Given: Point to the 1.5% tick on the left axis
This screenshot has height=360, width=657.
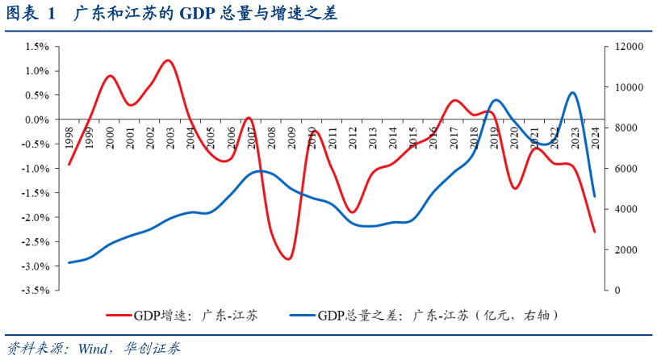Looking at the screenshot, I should [38, 47].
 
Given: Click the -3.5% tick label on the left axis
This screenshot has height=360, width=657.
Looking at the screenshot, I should [36, 291].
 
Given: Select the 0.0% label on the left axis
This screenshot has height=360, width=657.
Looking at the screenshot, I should [38, 119].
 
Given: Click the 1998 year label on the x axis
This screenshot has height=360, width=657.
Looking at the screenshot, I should [69, 136].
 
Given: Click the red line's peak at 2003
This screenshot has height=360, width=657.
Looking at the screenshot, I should [168, 61].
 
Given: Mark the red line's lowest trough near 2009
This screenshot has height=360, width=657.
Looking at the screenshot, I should [289, 259].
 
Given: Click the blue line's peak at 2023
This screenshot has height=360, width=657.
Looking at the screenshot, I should [572, 93].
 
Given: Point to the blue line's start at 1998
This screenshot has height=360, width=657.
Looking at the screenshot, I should [69, 262].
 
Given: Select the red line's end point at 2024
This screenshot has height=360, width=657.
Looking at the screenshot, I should [595, 232].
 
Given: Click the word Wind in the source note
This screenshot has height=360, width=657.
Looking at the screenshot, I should [94, 349].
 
